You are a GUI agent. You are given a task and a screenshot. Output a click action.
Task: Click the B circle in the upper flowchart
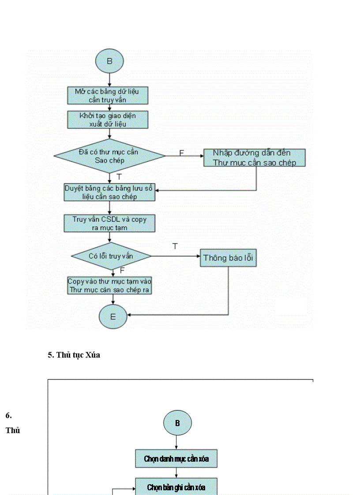(109, 61)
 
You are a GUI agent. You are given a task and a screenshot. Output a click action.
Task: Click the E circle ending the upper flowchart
(113, 315)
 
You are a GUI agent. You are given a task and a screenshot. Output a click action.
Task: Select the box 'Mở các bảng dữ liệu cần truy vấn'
(107, 95)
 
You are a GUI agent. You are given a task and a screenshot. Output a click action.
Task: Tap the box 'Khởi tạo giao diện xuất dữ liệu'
(107, 119)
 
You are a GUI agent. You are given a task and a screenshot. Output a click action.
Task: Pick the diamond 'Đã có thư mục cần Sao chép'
(109, 156)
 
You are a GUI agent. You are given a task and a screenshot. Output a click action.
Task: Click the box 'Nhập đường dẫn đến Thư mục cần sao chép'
(254, 157)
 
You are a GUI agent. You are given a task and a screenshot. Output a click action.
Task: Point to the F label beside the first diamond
(181, 153)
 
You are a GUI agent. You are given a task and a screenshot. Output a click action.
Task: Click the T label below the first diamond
(119, 177)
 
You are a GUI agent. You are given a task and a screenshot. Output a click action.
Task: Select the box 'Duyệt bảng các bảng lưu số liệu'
(109, 192)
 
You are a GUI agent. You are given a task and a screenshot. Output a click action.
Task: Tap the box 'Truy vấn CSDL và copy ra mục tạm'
(109, 223)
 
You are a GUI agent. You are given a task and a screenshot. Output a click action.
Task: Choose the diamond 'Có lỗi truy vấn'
(111, 256)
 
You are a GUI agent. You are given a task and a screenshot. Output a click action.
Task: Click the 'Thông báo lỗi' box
(228, 258)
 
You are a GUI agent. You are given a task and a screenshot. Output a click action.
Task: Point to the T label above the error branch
(175, 246)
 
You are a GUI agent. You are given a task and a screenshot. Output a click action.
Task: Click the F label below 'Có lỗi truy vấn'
(122, 270)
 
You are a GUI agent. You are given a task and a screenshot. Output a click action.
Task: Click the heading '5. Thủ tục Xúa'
(74, 355)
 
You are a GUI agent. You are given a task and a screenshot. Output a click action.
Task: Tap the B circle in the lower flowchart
(177, 423)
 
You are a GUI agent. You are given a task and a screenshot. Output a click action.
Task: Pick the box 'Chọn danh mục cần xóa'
(176, 459)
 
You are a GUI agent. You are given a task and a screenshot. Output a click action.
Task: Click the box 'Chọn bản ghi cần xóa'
(176, 487)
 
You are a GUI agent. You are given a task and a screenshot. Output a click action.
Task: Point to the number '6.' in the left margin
(9, 415)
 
